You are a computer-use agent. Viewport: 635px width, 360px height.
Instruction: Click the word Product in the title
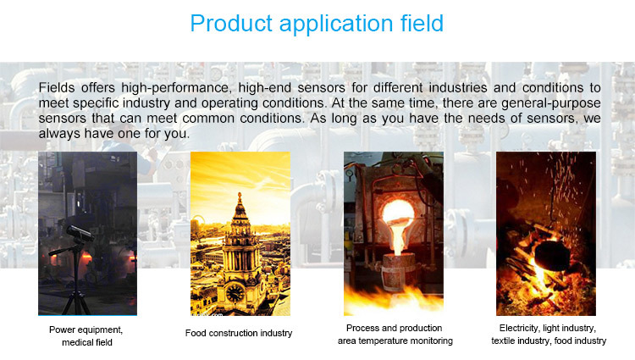tap(231, 24)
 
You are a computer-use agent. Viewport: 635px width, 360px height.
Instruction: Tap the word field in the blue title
tap(422, 23)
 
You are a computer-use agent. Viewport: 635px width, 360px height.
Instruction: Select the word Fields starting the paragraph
tap(57, 87)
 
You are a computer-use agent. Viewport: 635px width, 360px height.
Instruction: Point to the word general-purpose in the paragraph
tap(551, 103)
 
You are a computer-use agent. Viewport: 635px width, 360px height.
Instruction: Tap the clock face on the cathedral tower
tap(235, 293)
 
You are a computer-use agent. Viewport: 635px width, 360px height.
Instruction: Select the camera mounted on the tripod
tap(80, 233)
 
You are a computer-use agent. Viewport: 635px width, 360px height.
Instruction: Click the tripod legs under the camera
tap(76, 284)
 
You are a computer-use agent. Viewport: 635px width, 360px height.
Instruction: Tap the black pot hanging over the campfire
tap(550, 254)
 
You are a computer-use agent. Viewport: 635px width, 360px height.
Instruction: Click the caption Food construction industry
tap(239, 333)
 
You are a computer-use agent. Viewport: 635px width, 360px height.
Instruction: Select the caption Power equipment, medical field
tap(86, 335)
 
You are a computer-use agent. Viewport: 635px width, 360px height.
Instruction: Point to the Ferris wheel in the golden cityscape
tap(196, 227)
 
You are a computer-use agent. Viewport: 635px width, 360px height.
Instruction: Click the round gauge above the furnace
tap(350, 174)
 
